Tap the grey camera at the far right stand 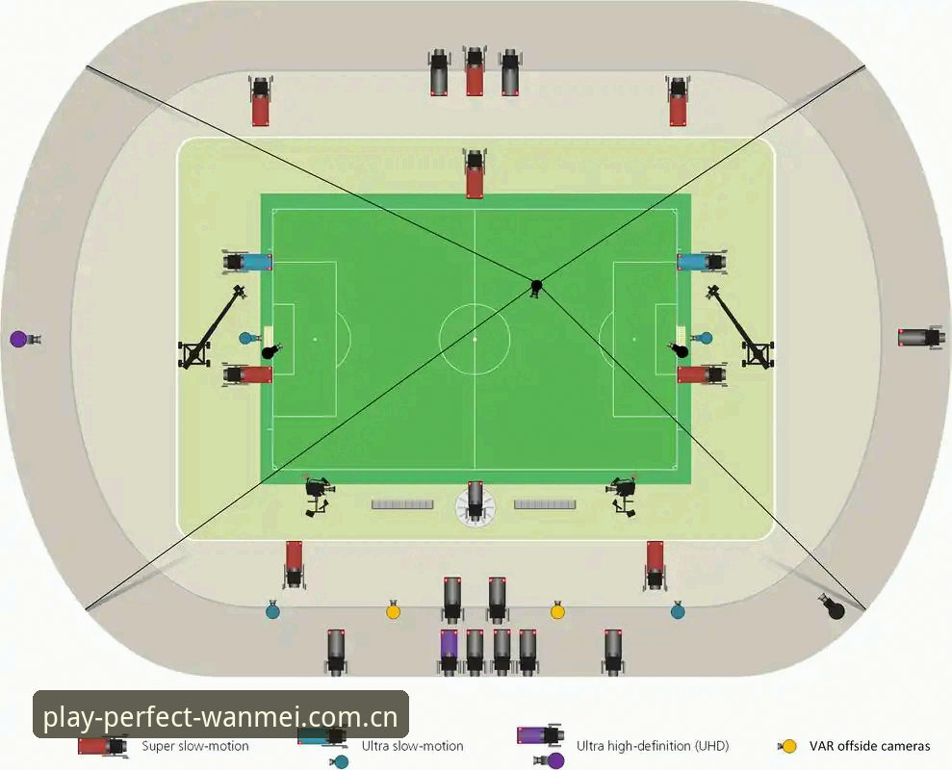click(x=921, y=337)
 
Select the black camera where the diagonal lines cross click(x=536, y=288)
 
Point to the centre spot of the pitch click(x=475, y=339)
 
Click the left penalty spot click(x=315, y=339)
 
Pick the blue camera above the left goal click(x=247, y=262)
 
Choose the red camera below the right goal click(x=703, y=374)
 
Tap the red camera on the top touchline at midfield click(x=475, y=173)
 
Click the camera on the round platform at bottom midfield click(x=476, y=502)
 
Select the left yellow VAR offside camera click(x=394, y=610)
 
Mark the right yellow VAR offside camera click(x=557, y=610)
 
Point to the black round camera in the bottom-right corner click(x=832, y=606)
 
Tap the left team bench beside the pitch click(x=402, y=504)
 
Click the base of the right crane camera click(x=758, y=354)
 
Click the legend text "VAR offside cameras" click(x=869, y=746)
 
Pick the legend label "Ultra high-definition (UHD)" click(x=653, y=746)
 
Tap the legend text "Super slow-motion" click(x=195, y=746)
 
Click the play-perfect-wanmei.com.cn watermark click(x=220, y=716)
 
